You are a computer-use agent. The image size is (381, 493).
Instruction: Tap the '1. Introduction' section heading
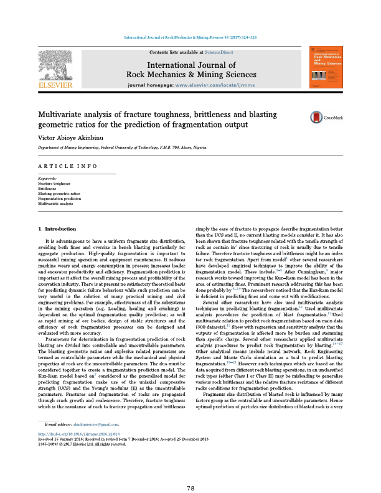(57, 229)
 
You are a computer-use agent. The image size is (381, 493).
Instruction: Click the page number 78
(190, 470)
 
